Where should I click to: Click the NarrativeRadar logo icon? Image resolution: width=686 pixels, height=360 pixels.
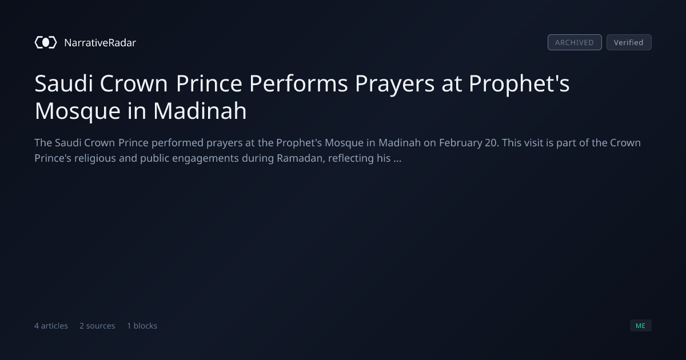tap(46, 42)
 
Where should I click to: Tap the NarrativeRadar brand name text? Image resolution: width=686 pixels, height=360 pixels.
tap(100, 42)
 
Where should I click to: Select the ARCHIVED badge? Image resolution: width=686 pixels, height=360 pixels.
tap(575, 42)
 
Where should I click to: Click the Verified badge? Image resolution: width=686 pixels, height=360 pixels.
tap(629, 42)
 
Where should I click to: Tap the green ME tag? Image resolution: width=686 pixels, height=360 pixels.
tap(640, 325)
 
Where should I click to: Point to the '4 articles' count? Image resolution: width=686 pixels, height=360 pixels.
tap(51, 326)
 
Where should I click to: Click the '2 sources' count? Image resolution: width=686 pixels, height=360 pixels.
tap(97, 326)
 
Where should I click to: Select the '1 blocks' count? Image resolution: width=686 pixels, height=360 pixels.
tap(142, 326)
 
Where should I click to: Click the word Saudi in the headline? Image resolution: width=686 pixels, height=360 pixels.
tap(63, 83)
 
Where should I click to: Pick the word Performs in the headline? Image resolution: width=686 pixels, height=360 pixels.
tap(298, 83)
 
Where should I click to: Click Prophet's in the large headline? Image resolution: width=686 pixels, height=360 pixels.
tap(519, 85)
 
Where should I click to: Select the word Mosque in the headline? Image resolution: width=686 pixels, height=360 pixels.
tap(78, 112)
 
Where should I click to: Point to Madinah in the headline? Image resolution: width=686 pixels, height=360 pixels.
tap(200, 111)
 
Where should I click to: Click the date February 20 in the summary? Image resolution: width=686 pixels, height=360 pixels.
tap(468, 143)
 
